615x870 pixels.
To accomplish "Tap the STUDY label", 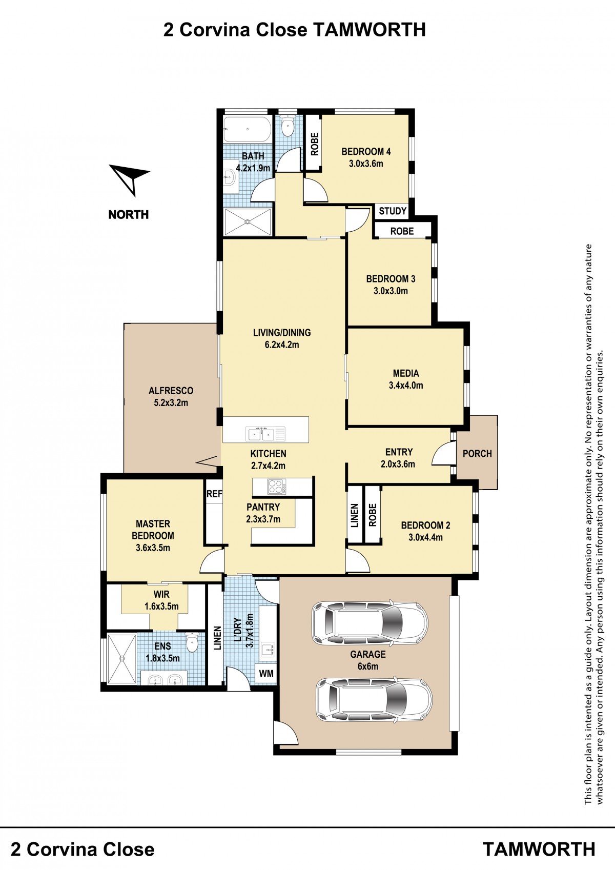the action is click(x=393, y=211).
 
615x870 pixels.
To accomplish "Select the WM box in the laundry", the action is click(x=266, y=673).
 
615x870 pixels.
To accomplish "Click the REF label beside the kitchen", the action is click(x=214, y=494).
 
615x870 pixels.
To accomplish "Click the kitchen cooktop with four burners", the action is click(x=276, y=487).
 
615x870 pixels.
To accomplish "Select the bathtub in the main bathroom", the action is click(x=247, y=129).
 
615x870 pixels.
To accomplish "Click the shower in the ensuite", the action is click(x=122, y=659).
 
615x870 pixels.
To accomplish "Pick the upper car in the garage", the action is click(x=371, y=624).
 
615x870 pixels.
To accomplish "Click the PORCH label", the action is click(x=477, y=453).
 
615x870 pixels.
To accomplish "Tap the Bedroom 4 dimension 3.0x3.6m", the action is click(x=366, y=164).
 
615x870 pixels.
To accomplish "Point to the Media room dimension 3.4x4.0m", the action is click(x=406, y=386).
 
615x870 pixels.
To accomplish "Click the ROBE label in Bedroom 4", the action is click(x=315, y=144).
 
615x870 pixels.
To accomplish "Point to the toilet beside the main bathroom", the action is click(x=288, y=127).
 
